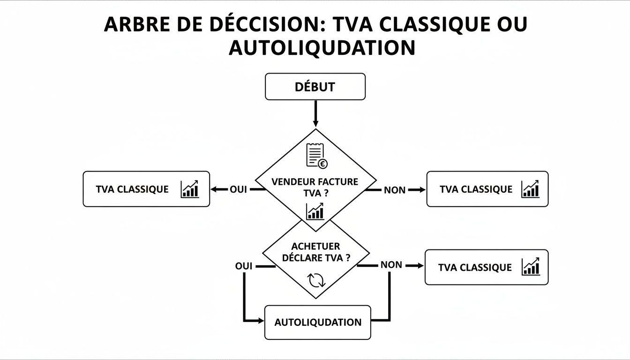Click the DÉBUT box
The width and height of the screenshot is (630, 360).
[315, 87]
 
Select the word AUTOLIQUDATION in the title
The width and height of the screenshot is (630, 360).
[322, 48]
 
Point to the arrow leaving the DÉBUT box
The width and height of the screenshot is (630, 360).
[315, 113]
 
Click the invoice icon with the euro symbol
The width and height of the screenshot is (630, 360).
[316, 156]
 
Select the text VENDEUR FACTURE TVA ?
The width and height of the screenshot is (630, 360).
[315, 187]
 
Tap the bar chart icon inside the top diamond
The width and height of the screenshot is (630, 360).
[315, 211]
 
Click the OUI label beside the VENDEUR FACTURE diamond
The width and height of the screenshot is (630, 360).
[238, 190]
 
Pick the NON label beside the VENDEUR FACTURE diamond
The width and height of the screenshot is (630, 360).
[394, 190]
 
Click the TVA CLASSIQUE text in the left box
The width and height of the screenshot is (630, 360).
[132, 189]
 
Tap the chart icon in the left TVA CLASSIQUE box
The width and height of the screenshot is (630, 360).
[189, 189]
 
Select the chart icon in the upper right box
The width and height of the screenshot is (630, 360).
[530, 189]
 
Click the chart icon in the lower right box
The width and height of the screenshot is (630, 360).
[531, 267]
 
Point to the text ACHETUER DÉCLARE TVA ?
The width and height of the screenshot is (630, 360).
[315, 252]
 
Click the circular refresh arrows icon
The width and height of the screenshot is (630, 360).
[315, 280]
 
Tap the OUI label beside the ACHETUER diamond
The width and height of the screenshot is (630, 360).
[243, 266]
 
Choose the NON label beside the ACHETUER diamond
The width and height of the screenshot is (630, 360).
[391, 265]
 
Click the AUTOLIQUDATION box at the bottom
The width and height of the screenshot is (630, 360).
[317, 322]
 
